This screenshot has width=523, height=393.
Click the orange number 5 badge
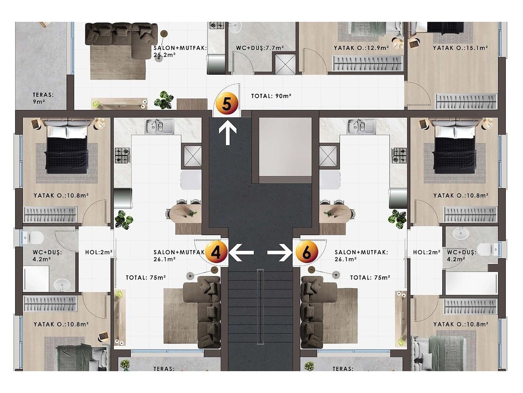227,104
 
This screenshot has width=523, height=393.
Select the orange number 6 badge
307,252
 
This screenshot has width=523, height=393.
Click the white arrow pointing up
228,133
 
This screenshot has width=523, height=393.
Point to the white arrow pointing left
241,252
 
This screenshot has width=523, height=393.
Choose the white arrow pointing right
280,252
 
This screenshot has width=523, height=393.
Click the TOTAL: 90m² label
271,96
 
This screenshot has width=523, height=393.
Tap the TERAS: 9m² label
43,98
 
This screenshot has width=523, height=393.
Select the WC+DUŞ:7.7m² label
260,48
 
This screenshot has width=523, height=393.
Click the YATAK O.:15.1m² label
460,48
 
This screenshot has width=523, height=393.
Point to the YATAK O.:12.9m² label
361,48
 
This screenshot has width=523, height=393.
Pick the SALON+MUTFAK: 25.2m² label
180,51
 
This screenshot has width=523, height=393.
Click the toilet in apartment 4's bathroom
34,238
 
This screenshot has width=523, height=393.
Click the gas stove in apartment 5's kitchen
217,25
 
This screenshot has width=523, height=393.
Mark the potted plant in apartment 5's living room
164,100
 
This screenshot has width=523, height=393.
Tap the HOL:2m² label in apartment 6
427,252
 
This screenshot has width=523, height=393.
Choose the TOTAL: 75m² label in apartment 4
146,278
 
